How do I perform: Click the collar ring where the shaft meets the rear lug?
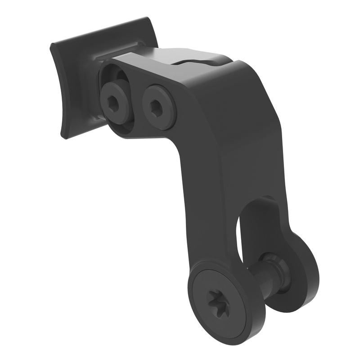[x=274, y=270]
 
